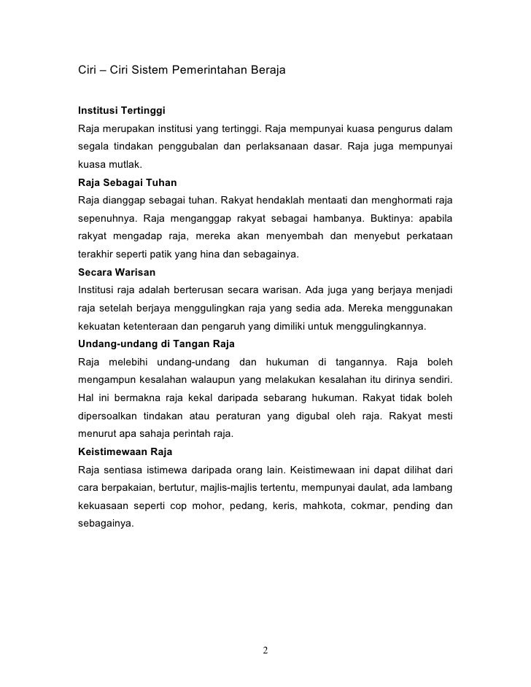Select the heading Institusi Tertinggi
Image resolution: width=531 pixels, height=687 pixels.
[122, 112]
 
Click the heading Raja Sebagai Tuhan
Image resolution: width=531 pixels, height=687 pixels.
[127, 182]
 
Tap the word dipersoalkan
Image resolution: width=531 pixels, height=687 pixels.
[108, 416]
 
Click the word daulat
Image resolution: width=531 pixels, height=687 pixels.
[400, 487]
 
